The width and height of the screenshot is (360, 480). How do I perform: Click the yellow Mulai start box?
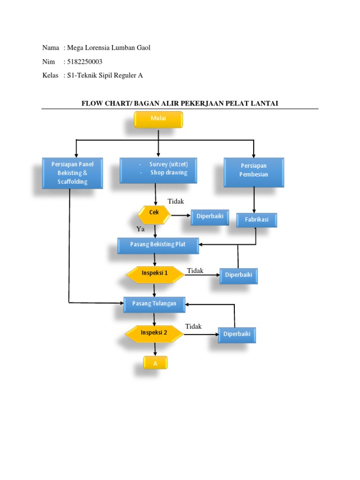[158, 119]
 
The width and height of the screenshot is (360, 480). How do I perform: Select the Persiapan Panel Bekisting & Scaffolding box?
[72, 173]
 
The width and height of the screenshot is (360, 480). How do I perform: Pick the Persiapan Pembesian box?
[254, 172]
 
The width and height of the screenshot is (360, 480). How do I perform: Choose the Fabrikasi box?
[256, 219]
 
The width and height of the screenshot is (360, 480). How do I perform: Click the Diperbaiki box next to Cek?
[210, 217]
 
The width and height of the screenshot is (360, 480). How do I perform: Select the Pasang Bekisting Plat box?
[158, 245]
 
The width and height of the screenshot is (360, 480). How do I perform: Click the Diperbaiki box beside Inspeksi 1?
[239, 276]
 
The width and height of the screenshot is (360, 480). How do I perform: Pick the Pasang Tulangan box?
[154, 304]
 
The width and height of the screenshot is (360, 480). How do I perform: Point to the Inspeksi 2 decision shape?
[154, 333]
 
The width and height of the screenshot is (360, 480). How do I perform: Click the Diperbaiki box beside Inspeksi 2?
[237, 335]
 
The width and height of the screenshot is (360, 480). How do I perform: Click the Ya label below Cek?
[140, 229]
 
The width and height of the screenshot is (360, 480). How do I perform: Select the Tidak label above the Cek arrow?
[176, 202]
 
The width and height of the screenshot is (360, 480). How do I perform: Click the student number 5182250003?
[85, 62]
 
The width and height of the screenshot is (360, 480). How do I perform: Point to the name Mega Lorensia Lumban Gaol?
[109, 48]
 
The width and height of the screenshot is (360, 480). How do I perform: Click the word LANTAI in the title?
[264, 103]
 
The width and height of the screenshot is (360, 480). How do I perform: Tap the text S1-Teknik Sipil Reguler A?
[105, 75]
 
